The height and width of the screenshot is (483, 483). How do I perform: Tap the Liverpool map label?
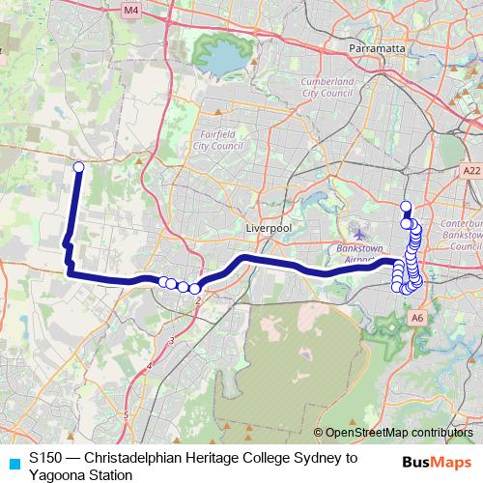(268, 228)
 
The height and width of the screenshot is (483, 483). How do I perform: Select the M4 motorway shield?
(131, 11)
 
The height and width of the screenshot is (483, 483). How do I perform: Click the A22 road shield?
(470, 171)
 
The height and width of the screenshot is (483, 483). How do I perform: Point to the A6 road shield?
(417, 316)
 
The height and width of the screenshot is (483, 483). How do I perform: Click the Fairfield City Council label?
(219, 141)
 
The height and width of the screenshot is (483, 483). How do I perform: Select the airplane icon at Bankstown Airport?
(360, 234)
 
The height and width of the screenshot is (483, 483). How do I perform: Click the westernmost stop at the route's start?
(78, 167)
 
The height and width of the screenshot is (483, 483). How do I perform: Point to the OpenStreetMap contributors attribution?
(399, 433)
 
